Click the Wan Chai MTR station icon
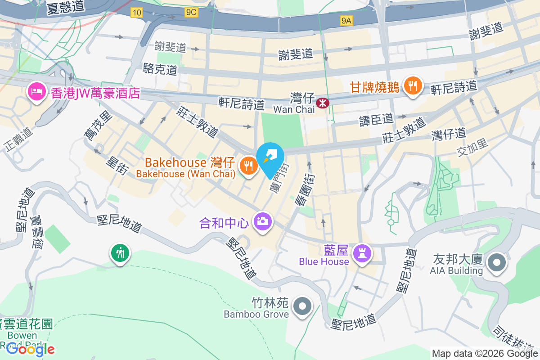tap(323, 103)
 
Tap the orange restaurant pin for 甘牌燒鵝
tap(412, 85)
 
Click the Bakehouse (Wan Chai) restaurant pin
tap(248, 165)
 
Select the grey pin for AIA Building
tap(497, 263)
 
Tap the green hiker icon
tap(120, 252)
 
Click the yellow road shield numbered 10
tap(137, 13)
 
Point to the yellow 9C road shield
tap(191, 13)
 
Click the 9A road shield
tap(346, 20)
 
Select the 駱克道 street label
tap(160, 69)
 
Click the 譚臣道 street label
tap(376, 119)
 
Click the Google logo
tap(31, 349)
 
